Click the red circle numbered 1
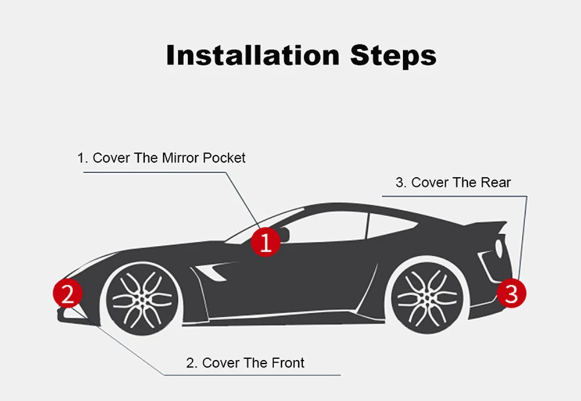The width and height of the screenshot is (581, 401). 266,242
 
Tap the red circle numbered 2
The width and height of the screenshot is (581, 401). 68,294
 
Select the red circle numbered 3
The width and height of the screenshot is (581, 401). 511,293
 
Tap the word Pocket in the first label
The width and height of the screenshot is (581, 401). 225,157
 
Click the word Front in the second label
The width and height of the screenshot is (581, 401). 288,363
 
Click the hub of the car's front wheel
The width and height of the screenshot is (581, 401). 142,298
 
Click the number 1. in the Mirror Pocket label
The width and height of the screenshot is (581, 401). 83,157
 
